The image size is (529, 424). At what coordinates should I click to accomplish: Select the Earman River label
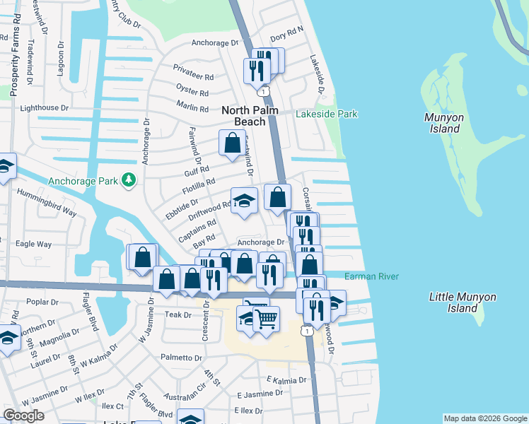point(372,276)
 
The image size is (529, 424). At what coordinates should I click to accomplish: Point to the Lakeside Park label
point(327,114)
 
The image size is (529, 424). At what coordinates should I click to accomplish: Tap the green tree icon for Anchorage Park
point(128,180)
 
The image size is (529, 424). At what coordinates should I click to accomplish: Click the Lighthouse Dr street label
point(44,108)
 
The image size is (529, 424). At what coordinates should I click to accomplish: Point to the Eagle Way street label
point(33,244)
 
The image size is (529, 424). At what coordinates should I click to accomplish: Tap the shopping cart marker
point(266,319)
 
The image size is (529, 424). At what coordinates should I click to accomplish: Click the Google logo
point(24,415)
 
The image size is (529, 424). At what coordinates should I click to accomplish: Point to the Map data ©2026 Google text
point(484,418)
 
